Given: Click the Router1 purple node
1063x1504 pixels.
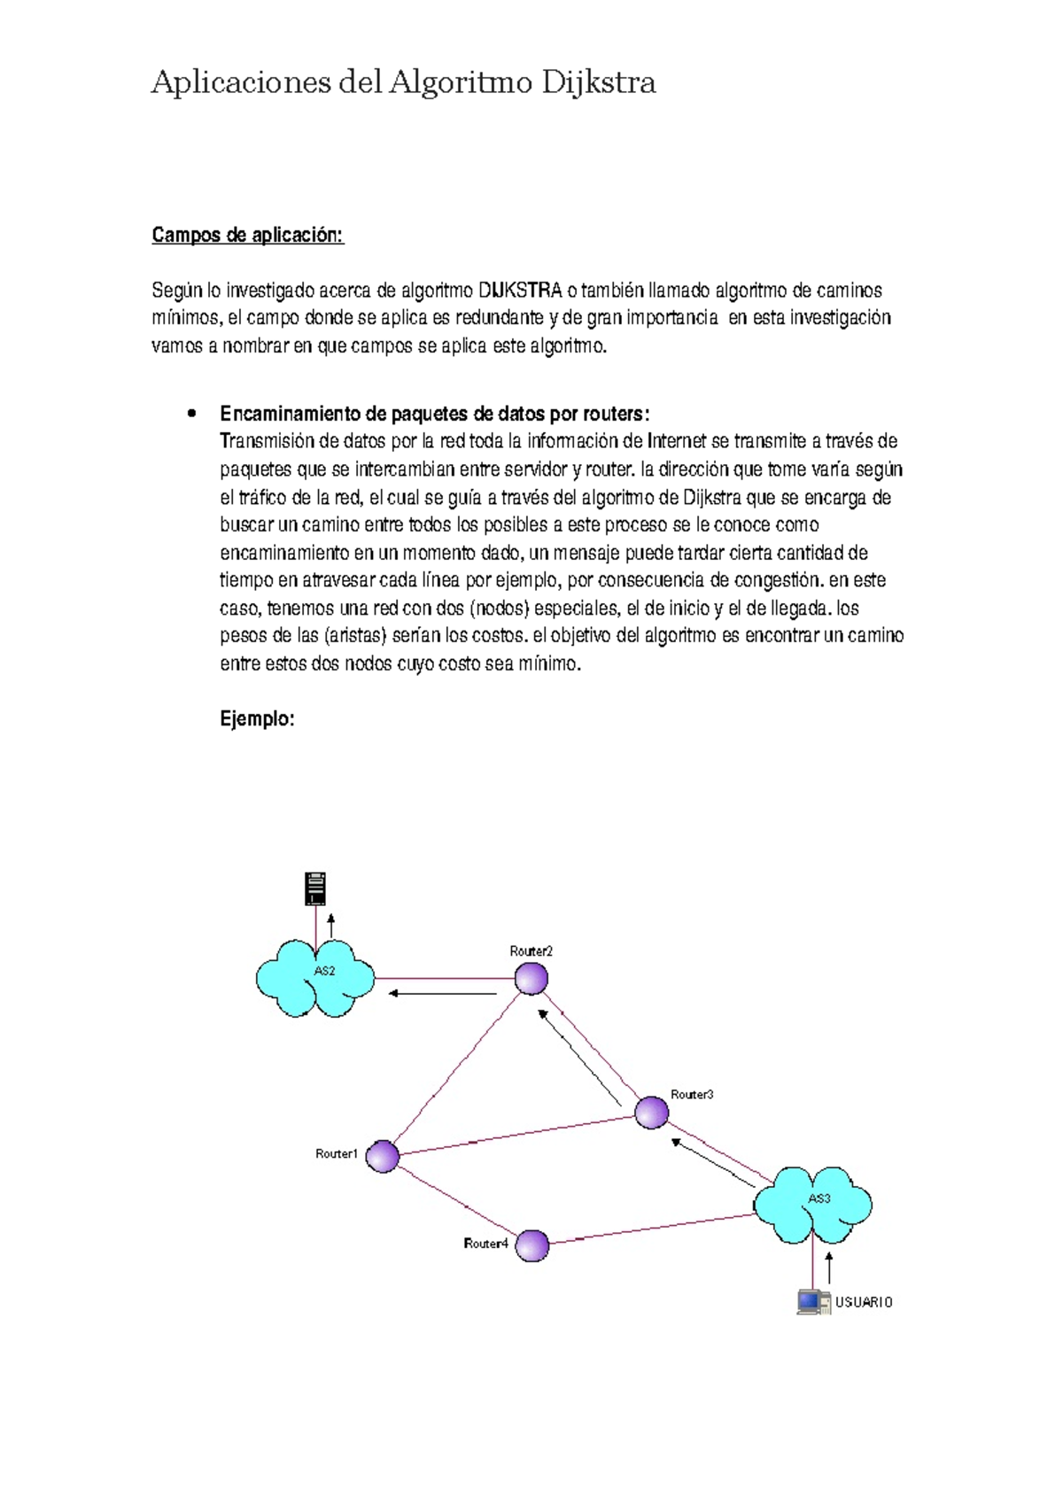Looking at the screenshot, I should coord(383,1157).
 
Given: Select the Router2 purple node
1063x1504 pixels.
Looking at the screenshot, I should coord(531,979).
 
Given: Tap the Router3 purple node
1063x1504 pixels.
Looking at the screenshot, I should coord(652,1112).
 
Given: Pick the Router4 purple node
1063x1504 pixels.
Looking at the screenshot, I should coord(532,1245).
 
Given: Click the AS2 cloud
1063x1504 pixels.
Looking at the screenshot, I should coord(315,978).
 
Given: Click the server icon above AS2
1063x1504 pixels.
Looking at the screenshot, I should coord(315,888).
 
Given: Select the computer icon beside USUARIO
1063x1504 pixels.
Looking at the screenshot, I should coord(811,1301).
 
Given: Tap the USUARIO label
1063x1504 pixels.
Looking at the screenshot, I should coord(864,1302).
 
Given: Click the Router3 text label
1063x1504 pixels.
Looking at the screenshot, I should coord(692,1095).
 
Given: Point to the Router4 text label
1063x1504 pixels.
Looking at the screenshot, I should coord(485,1244).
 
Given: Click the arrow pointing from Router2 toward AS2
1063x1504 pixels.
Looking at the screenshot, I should coord(443,994).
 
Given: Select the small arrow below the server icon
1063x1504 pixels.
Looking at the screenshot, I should coord(331,926).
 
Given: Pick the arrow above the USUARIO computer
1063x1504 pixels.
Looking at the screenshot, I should coord(829,1268).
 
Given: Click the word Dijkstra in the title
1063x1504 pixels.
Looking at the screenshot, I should coord(598,82).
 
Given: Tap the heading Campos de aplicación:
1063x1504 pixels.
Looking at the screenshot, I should coord(247,235).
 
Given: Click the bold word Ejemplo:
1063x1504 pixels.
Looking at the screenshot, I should coord(257,719).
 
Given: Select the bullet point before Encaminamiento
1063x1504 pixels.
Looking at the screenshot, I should coord(190,414).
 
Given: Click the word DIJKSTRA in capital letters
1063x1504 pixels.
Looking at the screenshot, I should coord(520,291).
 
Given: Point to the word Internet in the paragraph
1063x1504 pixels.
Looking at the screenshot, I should coord(677,441).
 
